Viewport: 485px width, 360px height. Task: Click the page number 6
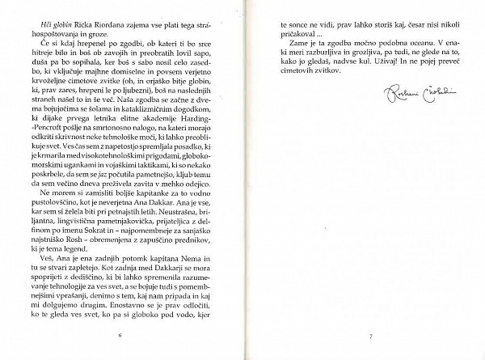[x=119, y=333]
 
